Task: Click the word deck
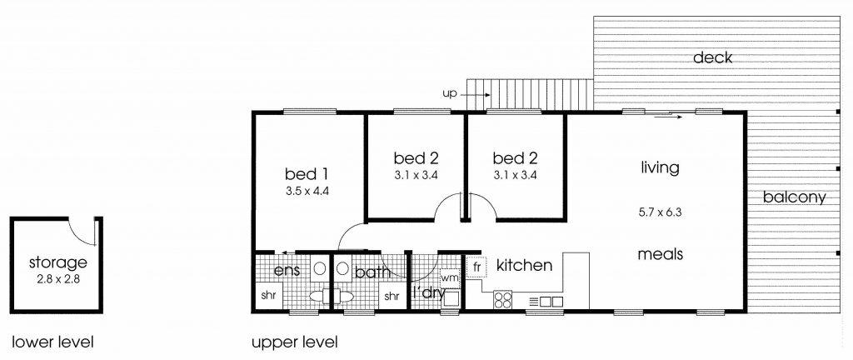[713, 57]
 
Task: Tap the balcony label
[794, 197]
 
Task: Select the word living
[660, 167]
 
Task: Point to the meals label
[661, 254]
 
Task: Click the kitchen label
[525, 265]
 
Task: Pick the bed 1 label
[307, 174]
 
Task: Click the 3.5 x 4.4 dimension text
[307, 191]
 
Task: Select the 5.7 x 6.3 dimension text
[660, 212]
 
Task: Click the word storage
[57, 262]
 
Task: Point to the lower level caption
[52, 342]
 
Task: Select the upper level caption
[294, 342]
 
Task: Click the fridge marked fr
[476, 267]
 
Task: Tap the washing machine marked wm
[449, 277]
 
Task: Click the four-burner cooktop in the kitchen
[503, 300]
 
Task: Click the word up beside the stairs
[449, 94]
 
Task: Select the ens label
[287, 270]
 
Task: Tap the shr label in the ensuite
[268, 297]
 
